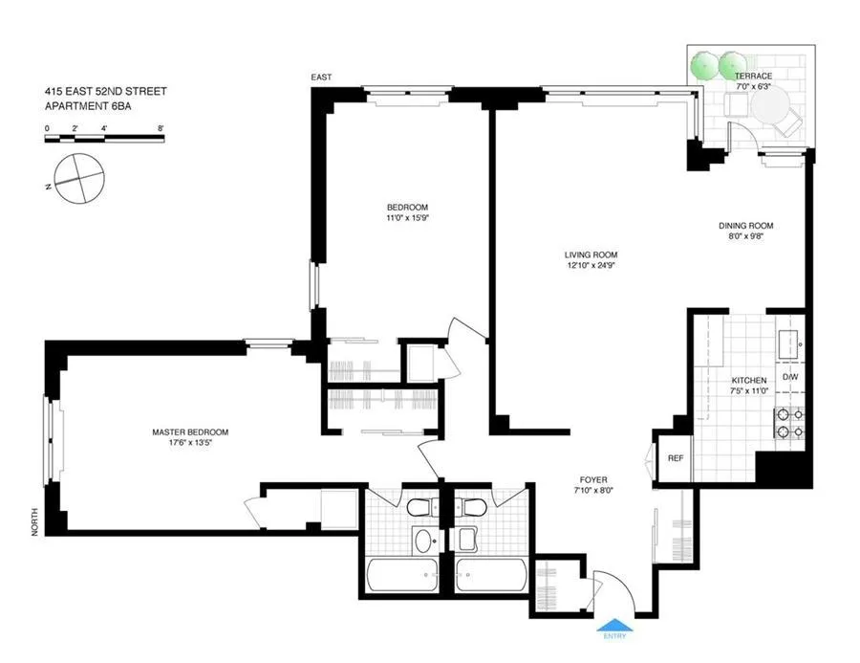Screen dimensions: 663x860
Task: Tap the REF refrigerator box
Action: click(x=676, y=458)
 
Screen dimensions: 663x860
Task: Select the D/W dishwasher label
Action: click(x=790, y=378)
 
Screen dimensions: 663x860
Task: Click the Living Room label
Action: click(x=591, y=254)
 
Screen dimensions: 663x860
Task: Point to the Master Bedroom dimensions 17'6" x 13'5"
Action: click(x=190, y=442)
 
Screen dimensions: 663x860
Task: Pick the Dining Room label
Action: click(x=745, y=226)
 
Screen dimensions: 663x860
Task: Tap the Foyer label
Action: click(x=592, y=479)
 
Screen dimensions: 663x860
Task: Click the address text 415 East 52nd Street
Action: click(x=105, y=92)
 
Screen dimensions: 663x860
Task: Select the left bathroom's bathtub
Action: click(x=401, y=576)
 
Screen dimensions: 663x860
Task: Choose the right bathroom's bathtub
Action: click(x=491, y=576)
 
